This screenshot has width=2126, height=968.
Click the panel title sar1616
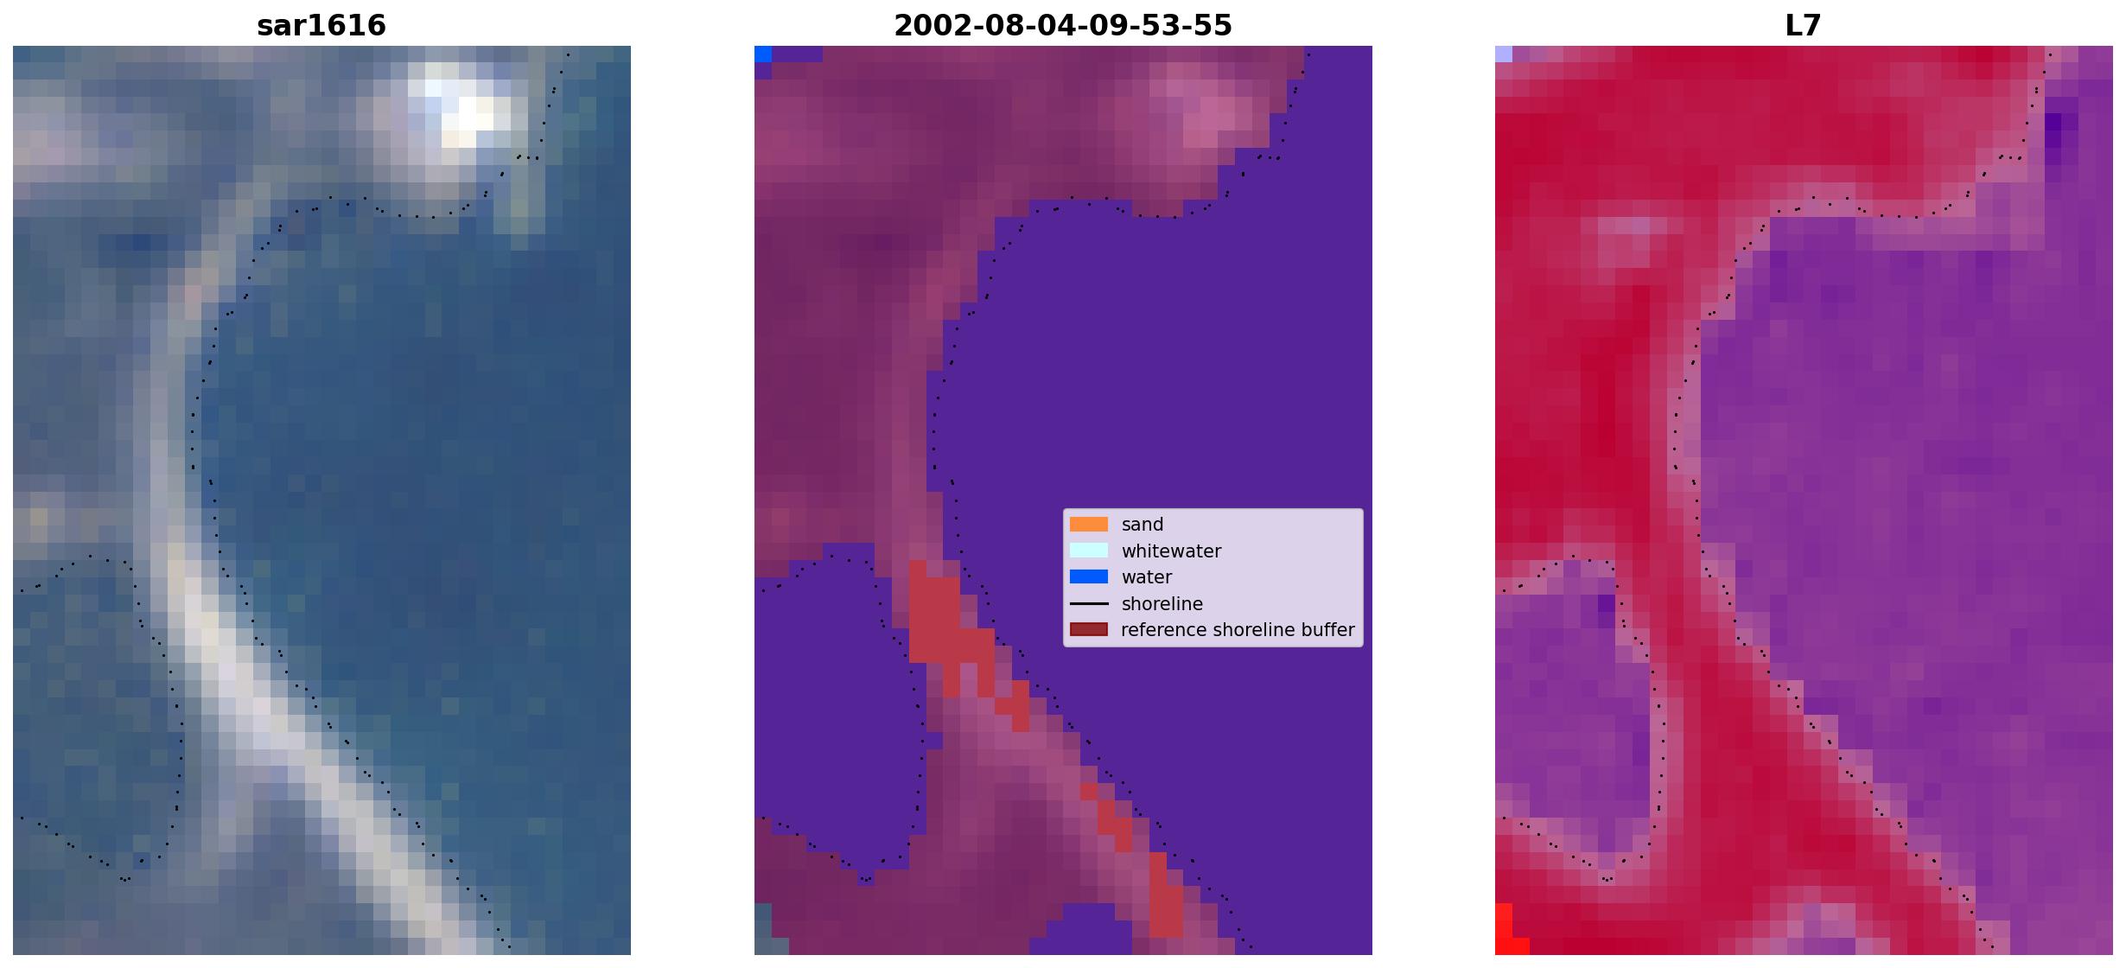(321, 26)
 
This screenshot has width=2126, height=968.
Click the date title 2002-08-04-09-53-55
(1063, 26)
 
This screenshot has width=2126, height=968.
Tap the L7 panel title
(1804, 26)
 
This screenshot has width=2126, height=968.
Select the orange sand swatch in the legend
(1089, 525)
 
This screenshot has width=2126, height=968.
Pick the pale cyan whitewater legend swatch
(1089, 551)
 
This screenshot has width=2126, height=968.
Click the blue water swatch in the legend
(1089, 577)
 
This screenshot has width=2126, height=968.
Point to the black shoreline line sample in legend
(1089, 603)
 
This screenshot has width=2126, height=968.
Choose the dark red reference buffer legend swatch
(1089, 630)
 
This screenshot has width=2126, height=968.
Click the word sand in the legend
(1143, 525)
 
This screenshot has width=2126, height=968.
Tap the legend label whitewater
(1171, 551)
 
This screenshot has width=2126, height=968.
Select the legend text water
(1147, 577)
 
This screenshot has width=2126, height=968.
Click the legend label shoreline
(1162, 604)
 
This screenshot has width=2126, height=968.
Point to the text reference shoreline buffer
(1238, 630)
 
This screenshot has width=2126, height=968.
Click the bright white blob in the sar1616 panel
(462, 108)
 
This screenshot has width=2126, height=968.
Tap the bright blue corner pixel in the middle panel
(763, 54)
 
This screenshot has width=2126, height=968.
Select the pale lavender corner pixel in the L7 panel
(1504, 54)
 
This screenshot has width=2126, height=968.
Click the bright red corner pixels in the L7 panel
(1508, 932)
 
